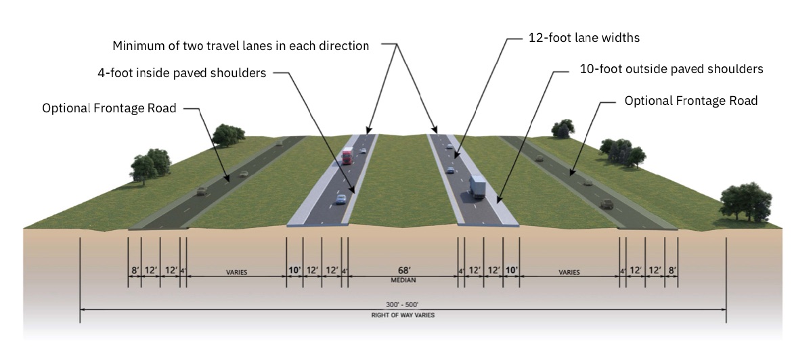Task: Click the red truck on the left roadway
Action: (x=347, y=156)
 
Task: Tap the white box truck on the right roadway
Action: (x=478, y=187)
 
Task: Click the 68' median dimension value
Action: (x=403, y=270)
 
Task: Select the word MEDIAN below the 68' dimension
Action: (x=403, y=279)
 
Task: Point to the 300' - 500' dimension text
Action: (x=403, y=305)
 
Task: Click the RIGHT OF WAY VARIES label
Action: (x=403, y=315)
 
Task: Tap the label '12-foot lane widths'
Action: (x=584, y=38)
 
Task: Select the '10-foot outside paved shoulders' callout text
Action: (x=672, y=69)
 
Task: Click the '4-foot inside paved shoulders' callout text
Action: (x=181, y=73)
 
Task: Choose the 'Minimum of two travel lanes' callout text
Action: (x=241, y=46)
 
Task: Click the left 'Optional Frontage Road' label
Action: (x=109, y=108)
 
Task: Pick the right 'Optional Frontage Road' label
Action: (x=690, y=100)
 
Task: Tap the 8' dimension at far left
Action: (x=135, y=271)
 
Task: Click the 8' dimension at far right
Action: (x=672, y=271)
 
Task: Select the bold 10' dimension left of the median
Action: (x=294, y=270)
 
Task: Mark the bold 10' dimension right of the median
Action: (x=511, y=270)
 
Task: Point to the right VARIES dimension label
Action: (x=569, y=272)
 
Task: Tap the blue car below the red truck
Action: (x=340, y=199)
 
